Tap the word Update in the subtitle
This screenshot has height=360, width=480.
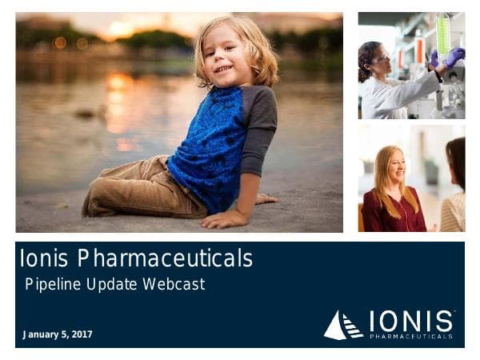coord(113,283)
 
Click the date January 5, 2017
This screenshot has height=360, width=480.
coord(58,334)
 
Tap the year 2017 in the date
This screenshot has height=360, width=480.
coord(82,334)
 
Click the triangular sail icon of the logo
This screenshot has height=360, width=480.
coord(343,326)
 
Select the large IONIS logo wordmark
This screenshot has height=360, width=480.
coord(411,322)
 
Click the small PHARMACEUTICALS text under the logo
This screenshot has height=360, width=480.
coord(411,337)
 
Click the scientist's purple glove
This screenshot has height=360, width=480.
coord(454,57)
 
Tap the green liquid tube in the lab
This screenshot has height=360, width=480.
coord(442,36)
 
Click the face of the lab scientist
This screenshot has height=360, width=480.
coord(379,59)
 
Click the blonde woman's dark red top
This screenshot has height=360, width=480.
coord(391,213)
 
